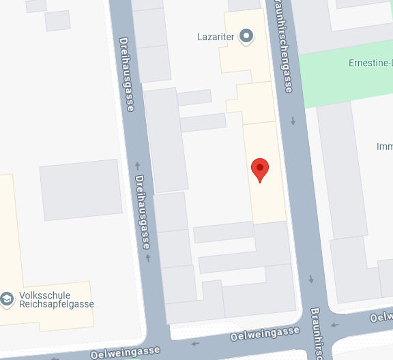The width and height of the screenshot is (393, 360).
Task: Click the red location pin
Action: [260, 168]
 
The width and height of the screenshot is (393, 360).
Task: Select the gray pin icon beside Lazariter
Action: [246, 36]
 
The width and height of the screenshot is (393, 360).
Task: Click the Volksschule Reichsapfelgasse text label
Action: [57, 300]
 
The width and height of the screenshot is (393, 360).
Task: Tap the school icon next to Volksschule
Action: [7, 299]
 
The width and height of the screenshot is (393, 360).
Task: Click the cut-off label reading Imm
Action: [384, 147]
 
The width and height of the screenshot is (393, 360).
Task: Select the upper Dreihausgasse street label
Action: [128, 74]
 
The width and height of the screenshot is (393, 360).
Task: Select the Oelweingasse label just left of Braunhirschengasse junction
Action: [265, 333]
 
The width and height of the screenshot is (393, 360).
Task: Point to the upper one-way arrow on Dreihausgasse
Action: [137, 165]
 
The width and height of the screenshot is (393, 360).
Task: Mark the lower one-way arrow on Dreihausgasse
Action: [148, 258]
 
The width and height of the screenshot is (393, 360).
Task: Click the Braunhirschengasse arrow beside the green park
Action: [293, 121]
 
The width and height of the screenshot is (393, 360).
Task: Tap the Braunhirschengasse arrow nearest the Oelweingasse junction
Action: [311, 278]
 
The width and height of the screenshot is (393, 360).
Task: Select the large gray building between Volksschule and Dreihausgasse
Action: [81, 190]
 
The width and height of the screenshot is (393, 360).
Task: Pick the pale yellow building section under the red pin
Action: [265, 198]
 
